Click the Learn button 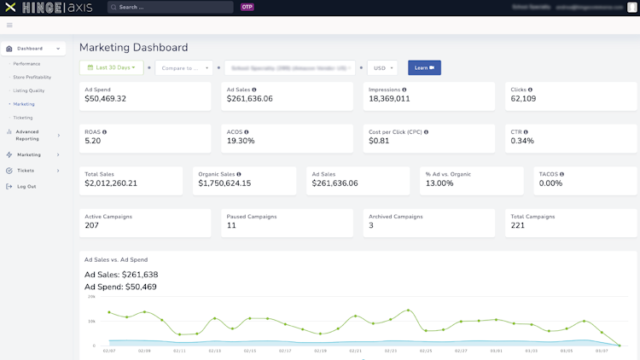pos(424,67)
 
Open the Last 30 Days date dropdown pos(112,67)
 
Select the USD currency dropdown pos(382,67)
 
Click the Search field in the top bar pos(171,7)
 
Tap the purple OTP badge pos(247,7)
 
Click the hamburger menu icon pos(9,26)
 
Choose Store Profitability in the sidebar pos(33,77)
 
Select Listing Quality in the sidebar pos(29,90)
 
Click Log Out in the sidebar pos(26,186)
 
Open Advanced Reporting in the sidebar pos(27,135)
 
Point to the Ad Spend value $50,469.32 pos(106,99)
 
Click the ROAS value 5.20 pos(93,141)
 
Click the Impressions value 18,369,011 pos(389,99)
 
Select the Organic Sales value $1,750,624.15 pos(224,183)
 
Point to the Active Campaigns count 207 pos(92,225)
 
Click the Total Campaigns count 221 pos(518,225)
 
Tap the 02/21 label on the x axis pos(356,351)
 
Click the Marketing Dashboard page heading pos(134,48)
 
